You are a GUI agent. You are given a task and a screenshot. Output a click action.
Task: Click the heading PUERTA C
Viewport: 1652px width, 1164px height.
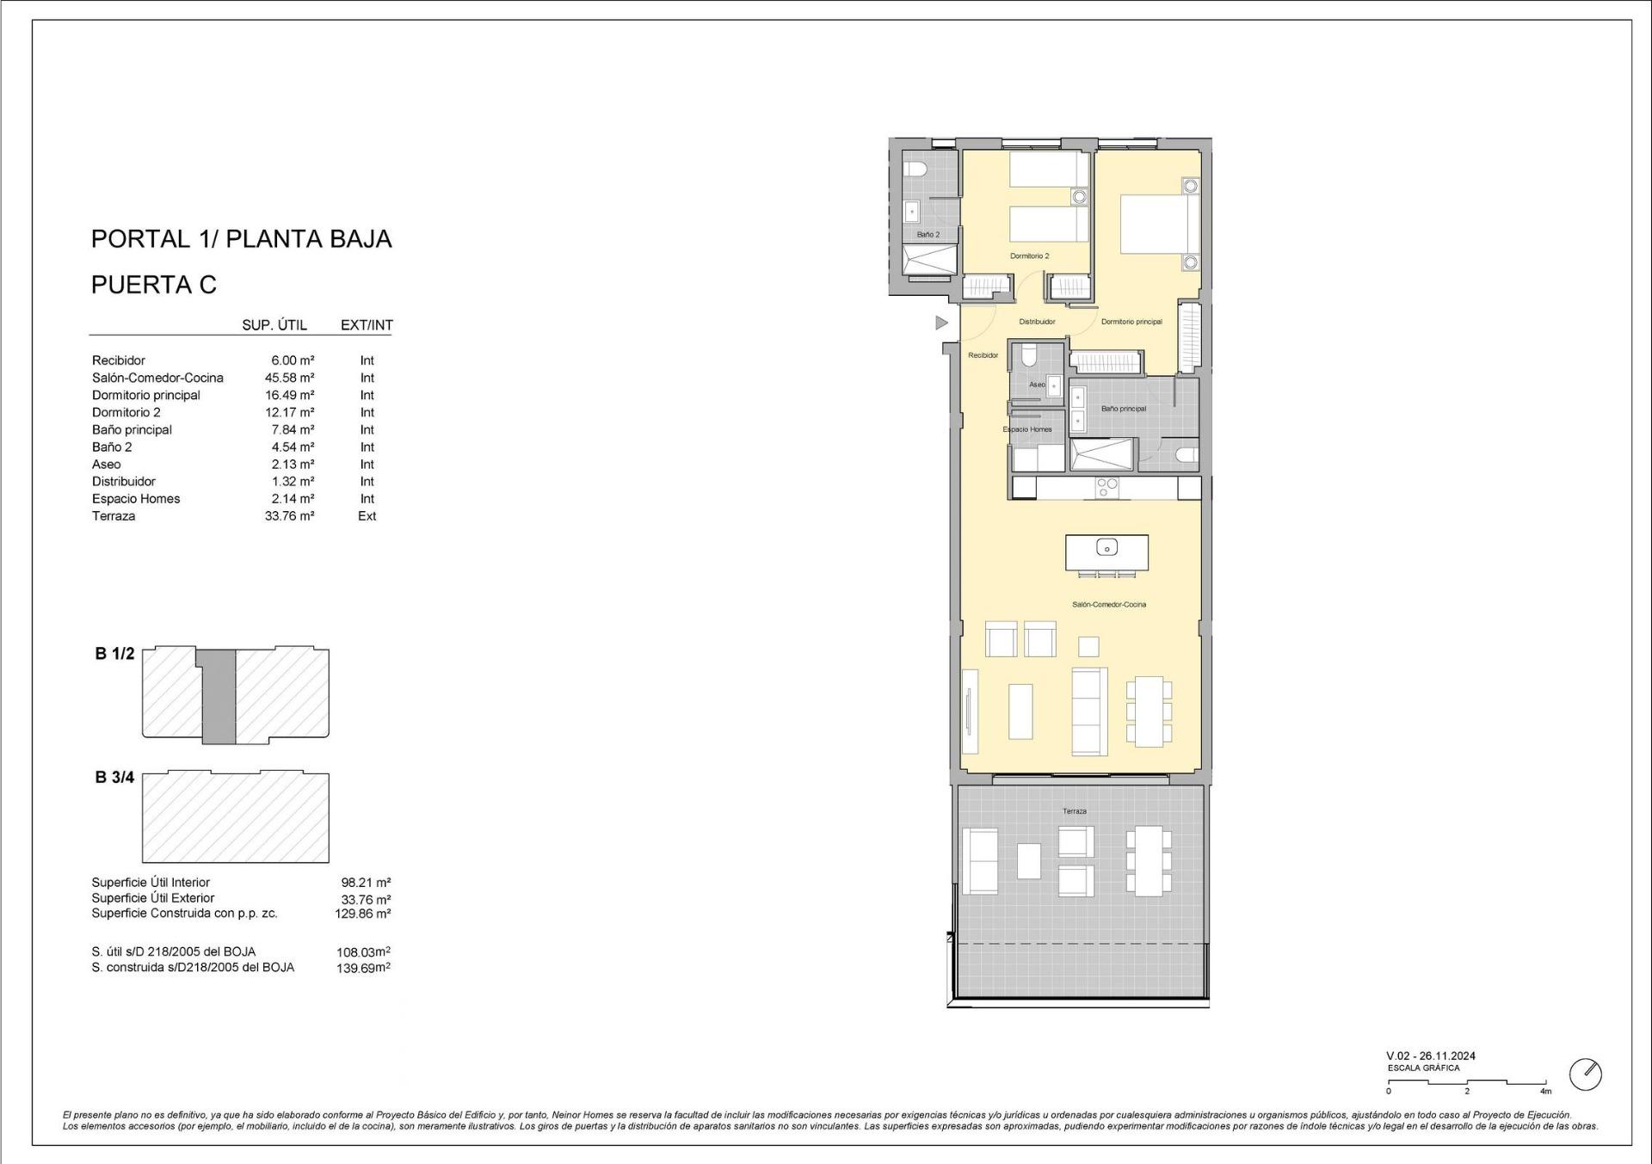point(154,285)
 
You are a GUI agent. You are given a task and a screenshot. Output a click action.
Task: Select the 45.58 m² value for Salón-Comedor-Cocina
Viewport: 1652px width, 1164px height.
point(289,378)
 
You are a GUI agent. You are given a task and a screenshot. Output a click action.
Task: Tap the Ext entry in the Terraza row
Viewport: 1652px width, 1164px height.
point(367,516)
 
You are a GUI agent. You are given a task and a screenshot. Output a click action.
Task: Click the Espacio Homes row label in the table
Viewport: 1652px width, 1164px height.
point(136,499)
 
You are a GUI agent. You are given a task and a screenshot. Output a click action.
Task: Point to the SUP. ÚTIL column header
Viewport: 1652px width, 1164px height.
point(275,325)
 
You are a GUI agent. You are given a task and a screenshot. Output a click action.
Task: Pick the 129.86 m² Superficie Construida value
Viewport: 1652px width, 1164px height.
point(362,914)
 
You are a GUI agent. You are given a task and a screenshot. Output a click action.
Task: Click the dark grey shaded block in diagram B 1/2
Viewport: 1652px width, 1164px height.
point(219,697)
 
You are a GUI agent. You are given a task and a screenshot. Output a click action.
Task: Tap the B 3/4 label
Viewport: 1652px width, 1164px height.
point(114,778)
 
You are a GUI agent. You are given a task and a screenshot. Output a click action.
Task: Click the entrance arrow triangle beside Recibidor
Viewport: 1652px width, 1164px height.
point(941,323)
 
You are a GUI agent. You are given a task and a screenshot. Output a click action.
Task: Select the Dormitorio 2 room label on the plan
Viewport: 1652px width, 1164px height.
point(1029,256)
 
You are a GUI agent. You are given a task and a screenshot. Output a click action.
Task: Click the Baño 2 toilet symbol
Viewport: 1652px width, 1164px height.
point(915,169)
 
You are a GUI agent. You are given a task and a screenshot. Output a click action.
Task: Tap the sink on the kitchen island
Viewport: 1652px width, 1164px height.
point(1106,547)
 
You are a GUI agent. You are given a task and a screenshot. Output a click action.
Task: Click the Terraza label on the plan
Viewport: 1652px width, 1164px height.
point(1074,811)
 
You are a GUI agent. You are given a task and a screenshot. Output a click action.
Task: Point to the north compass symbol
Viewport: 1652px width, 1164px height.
point(1585,1075)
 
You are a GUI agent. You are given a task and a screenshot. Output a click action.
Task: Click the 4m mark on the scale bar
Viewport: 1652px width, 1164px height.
point(1545,1092)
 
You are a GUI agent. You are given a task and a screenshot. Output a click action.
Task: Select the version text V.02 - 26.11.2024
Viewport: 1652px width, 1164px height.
point(1430,1056)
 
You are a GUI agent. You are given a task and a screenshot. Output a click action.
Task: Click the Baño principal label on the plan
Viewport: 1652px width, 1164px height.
point(1123,409)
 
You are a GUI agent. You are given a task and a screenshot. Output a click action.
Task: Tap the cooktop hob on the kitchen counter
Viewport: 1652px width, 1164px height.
point(1106,488)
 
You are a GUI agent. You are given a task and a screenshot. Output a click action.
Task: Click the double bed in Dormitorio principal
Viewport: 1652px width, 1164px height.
point(1158,224)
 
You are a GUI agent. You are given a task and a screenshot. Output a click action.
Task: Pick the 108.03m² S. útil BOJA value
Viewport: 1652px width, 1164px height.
point(362,952)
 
